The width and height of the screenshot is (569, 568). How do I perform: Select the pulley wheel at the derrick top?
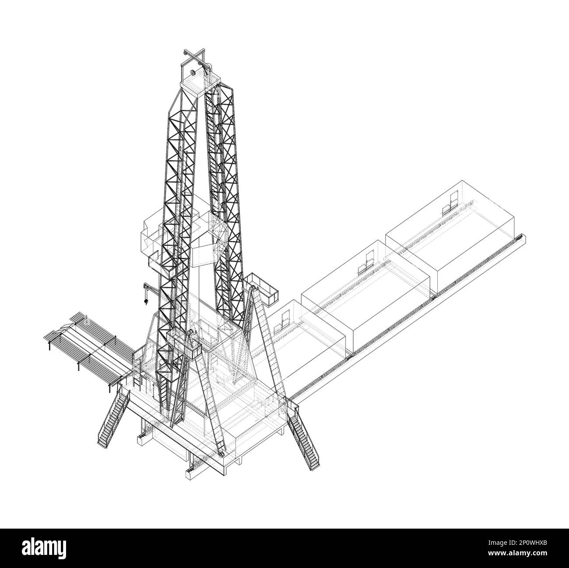coord(193,72)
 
